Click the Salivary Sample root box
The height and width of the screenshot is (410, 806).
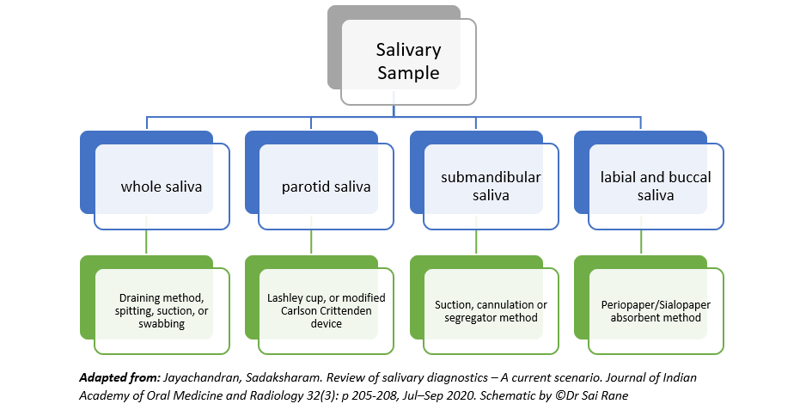click(x=409, y=62)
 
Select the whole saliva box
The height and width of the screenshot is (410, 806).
click(x=162, y=187)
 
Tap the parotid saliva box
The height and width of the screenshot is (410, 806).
click(x=327, y=187)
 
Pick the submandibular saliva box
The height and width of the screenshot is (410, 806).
click(x=491, y=187)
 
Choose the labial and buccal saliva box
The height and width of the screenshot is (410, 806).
click(x=656, y=187)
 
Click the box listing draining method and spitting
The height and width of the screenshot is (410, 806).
click(x=162, y=311)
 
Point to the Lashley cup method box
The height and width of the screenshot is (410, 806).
click(x=327, y=311)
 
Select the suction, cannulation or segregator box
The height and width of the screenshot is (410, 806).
click(x=491, y=311)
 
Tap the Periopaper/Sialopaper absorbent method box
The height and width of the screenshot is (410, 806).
click(x=656, y=311)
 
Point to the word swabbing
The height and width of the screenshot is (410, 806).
click(x=162, y=324)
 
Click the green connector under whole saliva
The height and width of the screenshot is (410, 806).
click(x=147, y=242)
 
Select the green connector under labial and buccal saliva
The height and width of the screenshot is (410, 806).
click(x=641, y=242)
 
